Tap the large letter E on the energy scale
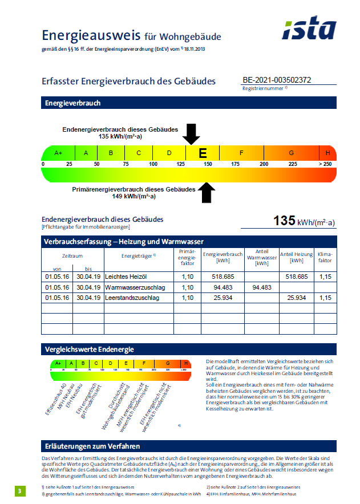click(203, 153)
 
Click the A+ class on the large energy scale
click(58, 153)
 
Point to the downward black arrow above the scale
click(192, 134)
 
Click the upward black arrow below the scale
click(207, 193)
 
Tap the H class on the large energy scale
click(328, 153)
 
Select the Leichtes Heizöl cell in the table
click(127, 277)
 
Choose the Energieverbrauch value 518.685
click(223, 277)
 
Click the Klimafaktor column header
click(325, 257)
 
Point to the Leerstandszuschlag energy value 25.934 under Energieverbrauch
click(223, 298)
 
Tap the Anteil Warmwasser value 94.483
click(262, 287)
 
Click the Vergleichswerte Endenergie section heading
click(89, 349)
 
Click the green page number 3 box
click(20, 491)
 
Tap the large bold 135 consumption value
click(283, 221)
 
